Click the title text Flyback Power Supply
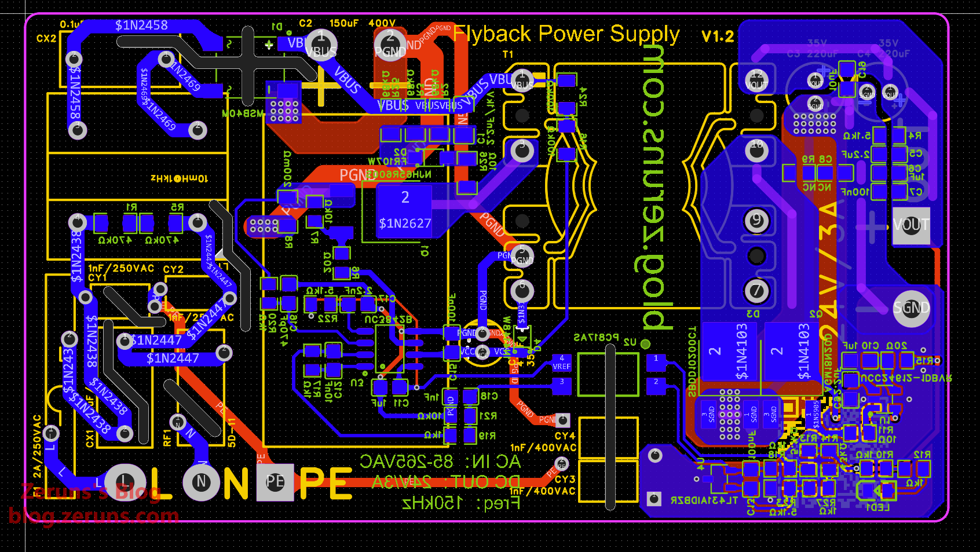566,34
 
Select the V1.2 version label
717,36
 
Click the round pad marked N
201,481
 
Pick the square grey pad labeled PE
275,482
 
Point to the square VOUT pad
911,225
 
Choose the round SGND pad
911,308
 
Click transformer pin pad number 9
756,221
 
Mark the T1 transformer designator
508,55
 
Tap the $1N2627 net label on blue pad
405,224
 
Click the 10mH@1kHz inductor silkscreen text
178,178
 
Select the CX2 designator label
46,39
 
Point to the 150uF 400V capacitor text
363,24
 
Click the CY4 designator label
565,436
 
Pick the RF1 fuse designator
168,438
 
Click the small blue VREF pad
561,363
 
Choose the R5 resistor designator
177,207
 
